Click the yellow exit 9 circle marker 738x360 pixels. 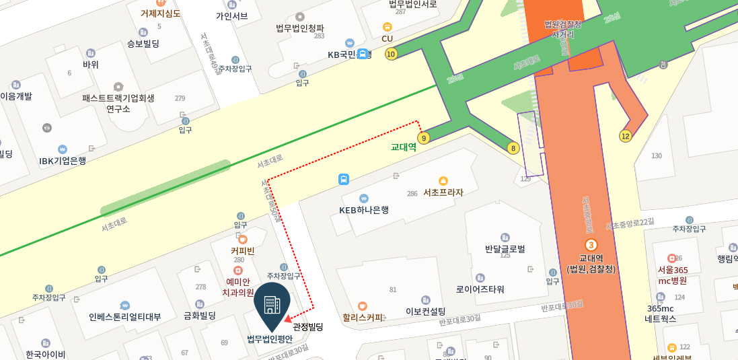pos(423,139)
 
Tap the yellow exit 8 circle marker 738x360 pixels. pos(514,148)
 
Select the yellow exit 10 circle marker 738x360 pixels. pos(391,54)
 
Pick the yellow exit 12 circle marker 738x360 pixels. pos(626,136)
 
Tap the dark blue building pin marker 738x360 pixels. pos(272,306)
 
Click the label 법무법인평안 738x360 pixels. pos(270,339)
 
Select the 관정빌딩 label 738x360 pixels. pos(308,327)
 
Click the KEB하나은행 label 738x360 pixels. pos(364,210)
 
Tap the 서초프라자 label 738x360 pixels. pos(443,192)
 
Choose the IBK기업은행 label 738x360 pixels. pos(63,161)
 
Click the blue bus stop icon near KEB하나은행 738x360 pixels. pos(344,179)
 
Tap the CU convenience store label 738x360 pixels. pos(387,38)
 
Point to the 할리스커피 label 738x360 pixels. pos(363,318)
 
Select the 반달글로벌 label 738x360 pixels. pos(505,249)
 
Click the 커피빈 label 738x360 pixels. pos(243,251)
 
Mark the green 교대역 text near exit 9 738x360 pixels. pos(404,147)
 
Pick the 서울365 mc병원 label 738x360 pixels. pos(672,275)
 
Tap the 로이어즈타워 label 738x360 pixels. pos(480,289)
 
